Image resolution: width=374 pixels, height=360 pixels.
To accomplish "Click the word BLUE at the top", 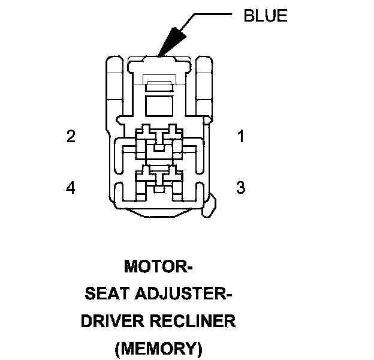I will pos(265,16).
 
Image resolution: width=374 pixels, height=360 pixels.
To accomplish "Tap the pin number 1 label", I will pos(240,137).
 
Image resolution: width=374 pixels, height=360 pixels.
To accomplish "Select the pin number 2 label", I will pos(71,137).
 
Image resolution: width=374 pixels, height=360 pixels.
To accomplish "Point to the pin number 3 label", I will pos(240,188).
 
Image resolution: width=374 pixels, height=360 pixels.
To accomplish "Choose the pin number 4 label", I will pos(71,188).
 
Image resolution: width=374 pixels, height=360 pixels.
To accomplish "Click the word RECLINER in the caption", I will pos(194,321).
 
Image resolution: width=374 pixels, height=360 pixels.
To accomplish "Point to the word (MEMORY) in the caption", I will pos(158,348).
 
